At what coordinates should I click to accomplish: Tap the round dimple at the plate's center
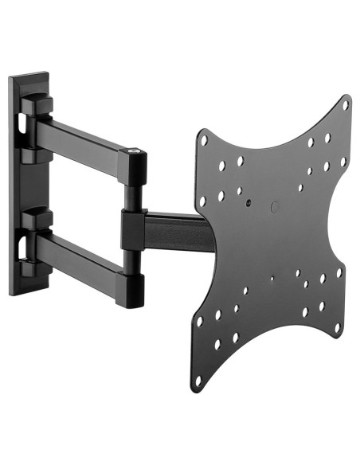(276, 206)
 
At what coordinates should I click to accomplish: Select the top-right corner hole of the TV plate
(346, 104)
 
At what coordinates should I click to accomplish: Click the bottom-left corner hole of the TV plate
(198, 381)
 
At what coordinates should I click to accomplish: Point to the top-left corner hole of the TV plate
(205, 141)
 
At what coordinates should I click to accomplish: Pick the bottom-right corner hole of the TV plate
(338, 326)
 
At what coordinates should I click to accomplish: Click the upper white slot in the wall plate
(18, 122)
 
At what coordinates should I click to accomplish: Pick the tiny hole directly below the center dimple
(272, 279)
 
